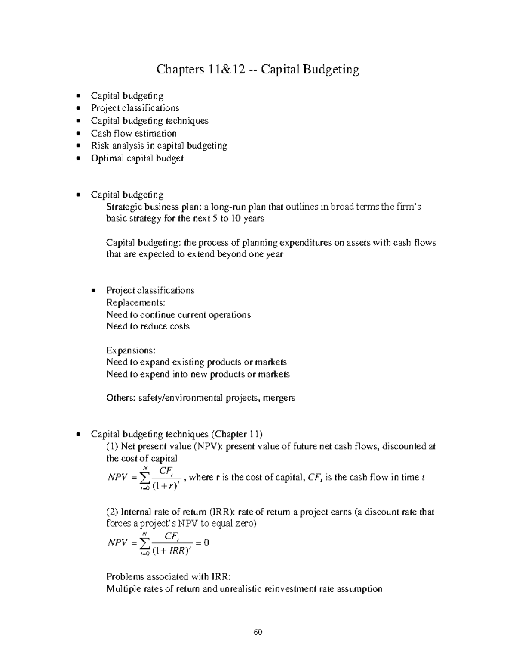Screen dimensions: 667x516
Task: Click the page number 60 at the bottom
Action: (x=258, y=632)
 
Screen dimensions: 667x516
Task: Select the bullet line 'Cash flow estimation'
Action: (x=133, y=133)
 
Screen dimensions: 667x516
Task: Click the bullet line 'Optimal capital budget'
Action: (x=137, y=158)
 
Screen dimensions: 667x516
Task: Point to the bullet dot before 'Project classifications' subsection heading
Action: (x=94, y=291)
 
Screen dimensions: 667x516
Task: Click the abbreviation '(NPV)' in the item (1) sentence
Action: (x=208, y=446)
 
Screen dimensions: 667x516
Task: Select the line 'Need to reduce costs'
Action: (x=147, y=326)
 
